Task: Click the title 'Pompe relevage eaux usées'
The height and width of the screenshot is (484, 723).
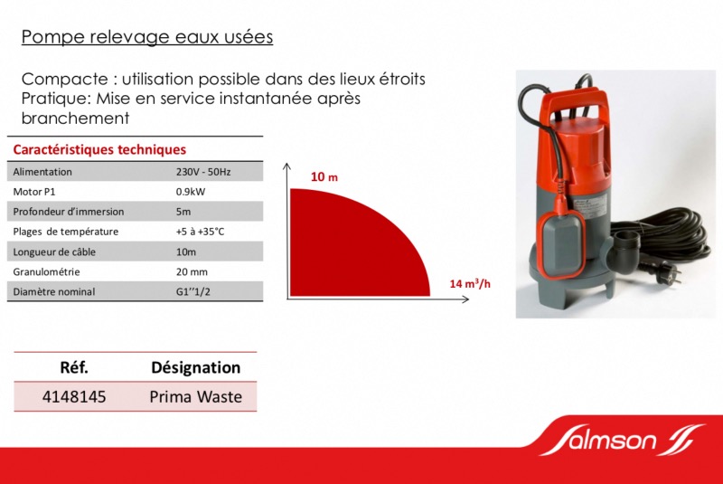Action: pyautogui.click(x=147, y=37)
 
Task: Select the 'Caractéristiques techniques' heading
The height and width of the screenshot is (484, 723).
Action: pyautogui.click(x=99, y=149)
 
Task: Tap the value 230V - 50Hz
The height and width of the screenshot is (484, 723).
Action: pyautogui.click(x=203, y=172)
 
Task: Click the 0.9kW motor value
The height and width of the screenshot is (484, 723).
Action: pyautogui.click(x=191, y=192)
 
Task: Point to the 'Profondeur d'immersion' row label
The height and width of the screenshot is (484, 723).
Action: pyautogui.click(x=69, y=212)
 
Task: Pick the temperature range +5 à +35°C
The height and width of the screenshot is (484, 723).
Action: pyautogui.click(x=200, y=232)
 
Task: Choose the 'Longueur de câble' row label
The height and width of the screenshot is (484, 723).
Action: pyautogui.click(x=54, y=251)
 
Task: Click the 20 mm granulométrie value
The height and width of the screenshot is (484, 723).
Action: pyautogui.click(x=192, y=271)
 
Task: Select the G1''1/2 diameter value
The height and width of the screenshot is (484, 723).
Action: pyautogui.click(x=193, y=291)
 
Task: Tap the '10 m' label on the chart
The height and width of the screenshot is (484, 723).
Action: pyautogui.click(x=324, y=176)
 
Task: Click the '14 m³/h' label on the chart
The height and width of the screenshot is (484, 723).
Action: pyautogui.click(x=470, y=283)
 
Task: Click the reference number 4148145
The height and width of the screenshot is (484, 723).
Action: pyautogui.click(x=74, y=397)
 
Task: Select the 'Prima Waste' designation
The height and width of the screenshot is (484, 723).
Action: pyautogui.click(x=195, y=397)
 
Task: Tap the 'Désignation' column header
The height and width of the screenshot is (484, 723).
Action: pyautogui.click(x=195, y=367)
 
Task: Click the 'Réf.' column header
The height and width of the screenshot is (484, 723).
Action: pyautogui.click(x=74, y=367)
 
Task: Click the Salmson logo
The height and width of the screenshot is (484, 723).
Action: pyautogui.click(x=623, y=440)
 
